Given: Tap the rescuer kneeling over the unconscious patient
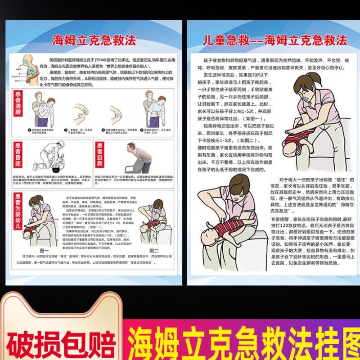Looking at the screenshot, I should pyautogui.click(x=56, y=157).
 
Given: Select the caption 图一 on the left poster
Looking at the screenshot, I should pyautogui.click(x=44, y=250).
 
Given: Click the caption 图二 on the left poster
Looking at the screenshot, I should pyautogui.click(x=153, y=250).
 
